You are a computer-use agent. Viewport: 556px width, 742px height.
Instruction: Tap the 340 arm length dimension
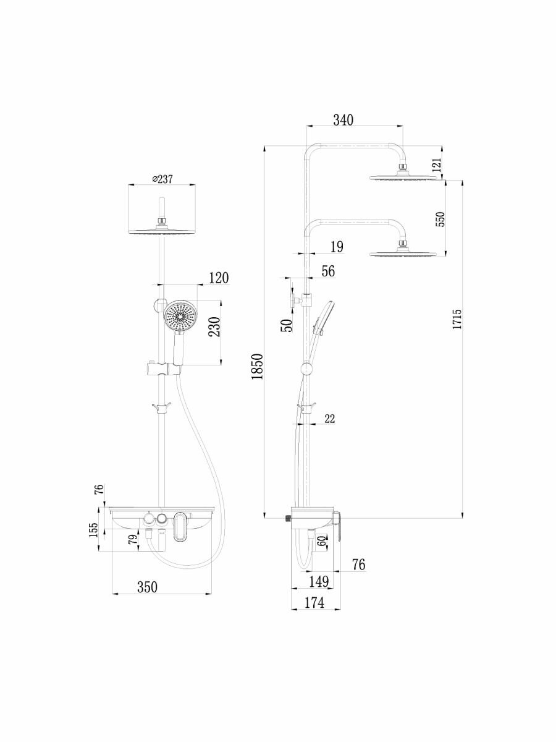coord(343,120)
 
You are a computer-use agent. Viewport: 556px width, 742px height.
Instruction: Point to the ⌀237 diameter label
coord(162,179)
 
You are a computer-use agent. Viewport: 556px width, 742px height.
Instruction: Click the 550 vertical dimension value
coord(440,219)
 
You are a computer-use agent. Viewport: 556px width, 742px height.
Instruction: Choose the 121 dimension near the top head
coord(436,164)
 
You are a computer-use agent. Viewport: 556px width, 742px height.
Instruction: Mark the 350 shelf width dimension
coord(147,587)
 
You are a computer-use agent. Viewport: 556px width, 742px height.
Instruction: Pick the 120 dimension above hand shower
coord(217,278)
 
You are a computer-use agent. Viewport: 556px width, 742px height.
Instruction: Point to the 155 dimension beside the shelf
coord(93,531)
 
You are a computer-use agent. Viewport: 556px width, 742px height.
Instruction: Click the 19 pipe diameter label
coord(337,247)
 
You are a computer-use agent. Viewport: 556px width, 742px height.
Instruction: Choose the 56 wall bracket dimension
coord(328,271)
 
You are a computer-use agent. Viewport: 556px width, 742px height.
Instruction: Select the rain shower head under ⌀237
coord(161,230)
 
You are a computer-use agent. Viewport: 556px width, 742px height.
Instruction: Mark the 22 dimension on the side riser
coord(329,419)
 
